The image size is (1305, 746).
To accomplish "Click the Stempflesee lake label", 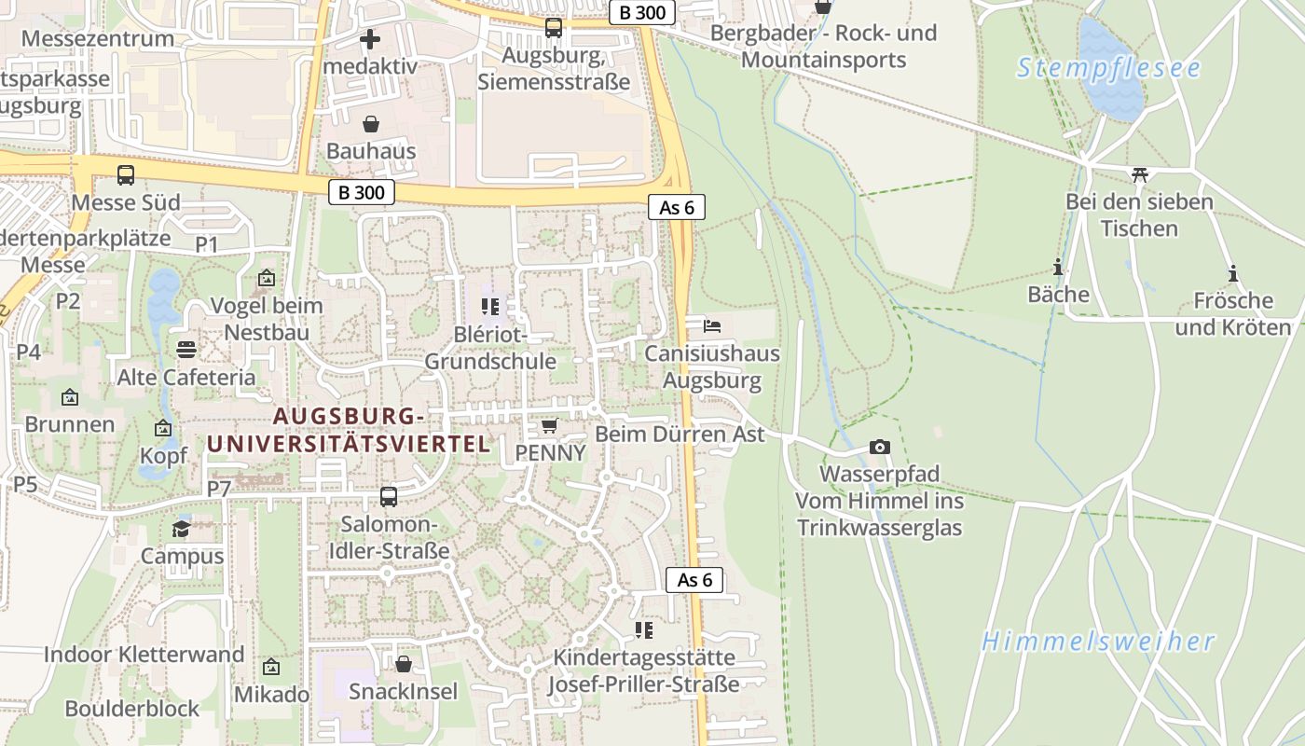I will pos(1108,68).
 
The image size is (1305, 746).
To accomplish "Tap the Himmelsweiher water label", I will pos(1098,642).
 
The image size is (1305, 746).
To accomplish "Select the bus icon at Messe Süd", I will pos(126,174).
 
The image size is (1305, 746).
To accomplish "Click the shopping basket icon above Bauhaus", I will pos(371,124).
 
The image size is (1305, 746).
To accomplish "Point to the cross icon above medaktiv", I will pos(370,39).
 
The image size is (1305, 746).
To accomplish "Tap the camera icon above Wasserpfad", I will pos(879,448).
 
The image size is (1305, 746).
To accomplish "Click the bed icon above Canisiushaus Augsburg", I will pos(712,326).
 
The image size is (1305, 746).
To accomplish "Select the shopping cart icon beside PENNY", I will pos(550,426).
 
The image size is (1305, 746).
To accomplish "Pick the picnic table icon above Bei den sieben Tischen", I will pos(1139,174).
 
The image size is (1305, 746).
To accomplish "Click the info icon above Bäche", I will pos(1058,268).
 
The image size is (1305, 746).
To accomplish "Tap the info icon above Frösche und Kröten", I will pos(1233,273).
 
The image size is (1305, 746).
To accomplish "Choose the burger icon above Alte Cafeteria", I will pos(185,350).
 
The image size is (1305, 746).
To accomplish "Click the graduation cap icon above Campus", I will pos(182,529).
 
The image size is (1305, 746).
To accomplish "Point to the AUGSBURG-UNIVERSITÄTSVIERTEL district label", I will pos(349,430).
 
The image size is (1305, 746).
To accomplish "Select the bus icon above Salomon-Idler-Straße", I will pos(389,497).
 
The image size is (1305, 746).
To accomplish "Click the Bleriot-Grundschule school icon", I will pos(490,307).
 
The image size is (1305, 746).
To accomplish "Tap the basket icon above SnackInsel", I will pos(404,664).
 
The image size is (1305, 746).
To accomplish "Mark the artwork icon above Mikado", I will pos(271,667).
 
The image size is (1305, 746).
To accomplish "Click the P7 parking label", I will pos(219,489).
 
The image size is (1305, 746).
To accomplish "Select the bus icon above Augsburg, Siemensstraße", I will pos(554,28).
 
